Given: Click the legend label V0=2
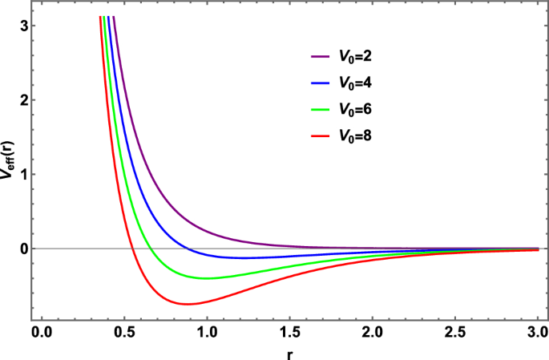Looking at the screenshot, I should pyautogui.click(x=353, y=57).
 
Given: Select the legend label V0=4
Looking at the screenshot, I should pyautogui.click(x=353, y=83).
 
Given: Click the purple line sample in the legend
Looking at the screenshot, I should pyautogui.click(x=321, y=57).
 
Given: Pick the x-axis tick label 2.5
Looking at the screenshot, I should pyautogui.click(x=454, y=332).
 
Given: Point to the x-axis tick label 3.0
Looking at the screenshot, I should pyautogui.click(x=537, y=332).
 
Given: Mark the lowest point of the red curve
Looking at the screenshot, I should pyautogui.click(x=188, y=304).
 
